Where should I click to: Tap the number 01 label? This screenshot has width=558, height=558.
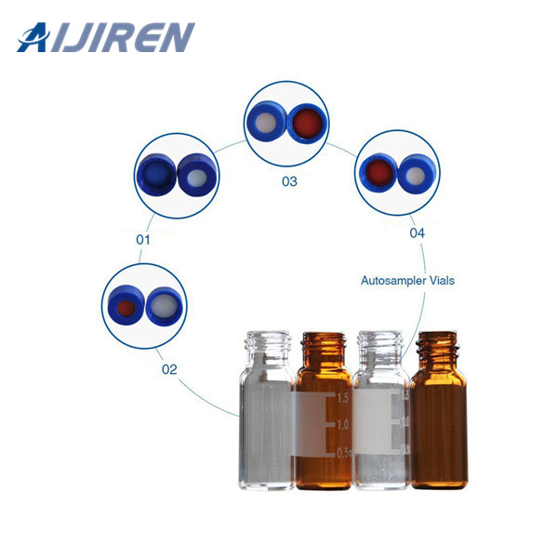point(143,239)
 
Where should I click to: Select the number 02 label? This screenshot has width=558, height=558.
point(169,368)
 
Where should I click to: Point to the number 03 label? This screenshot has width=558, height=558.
point(289,181)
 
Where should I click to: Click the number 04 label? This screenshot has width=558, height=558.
point(418,232)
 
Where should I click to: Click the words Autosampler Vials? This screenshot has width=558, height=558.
point(407,280)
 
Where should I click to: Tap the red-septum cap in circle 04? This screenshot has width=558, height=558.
point(378,172)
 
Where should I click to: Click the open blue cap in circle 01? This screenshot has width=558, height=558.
point(154,175)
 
